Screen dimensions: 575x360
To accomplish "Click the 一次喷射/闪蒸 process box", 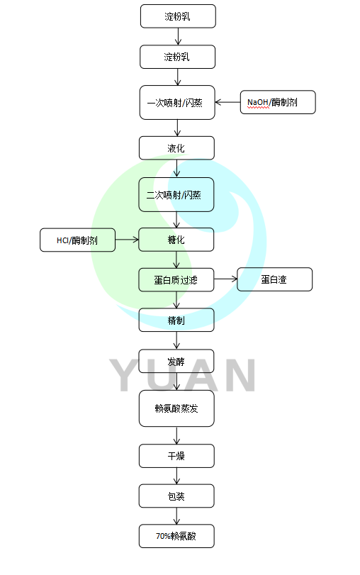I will [x=176, y=102].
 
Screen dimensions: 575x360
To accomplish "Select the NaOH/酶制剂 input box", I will [x=277, y=102].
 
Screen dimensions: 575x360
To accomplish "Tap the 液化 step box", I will [x=176, y=148].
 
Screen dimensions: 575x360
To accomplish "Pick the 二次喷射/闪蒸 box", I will [x=176, y=194].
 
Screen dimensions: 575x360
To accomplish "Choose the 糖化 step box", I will [x=176, y=240].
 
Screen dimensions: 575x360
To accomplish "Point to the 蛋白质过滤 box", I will [x=176, y=279].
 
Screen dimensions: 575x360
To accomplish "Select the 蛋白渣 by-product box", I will [x=274, y=279].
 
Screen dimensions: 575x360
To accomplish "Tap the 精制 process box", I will [x=176, y=320].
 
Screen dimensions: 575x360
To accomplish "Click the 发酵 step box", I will [x=176, y=361].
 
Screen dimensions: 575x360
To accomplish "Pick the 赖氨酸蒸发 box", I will [x=176, y=408].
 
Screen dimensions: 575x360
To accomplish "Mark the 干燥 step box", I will [x=176, y=455].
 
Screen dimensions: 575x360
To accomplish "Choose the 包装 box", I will [x=176, y=496].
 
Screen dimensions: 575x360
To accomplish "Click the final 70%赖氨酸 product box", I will [x=176, y=536].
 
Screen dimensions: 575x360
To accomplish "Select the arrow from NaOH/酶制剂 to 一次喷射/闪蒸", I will [x=227, y=102].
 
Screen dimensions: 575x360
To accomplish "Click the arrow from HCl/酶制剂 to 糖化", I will [x=128, y=240].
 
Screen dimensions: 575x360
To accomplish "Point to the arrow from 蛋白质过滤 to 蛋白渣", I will [x=225, y=279].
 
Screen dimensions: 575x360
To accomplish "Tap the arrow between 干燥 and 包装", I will [x=176, y=476].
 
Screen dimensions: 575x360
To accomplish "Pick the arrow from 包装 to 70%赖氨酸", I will [x=176, y=515].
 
